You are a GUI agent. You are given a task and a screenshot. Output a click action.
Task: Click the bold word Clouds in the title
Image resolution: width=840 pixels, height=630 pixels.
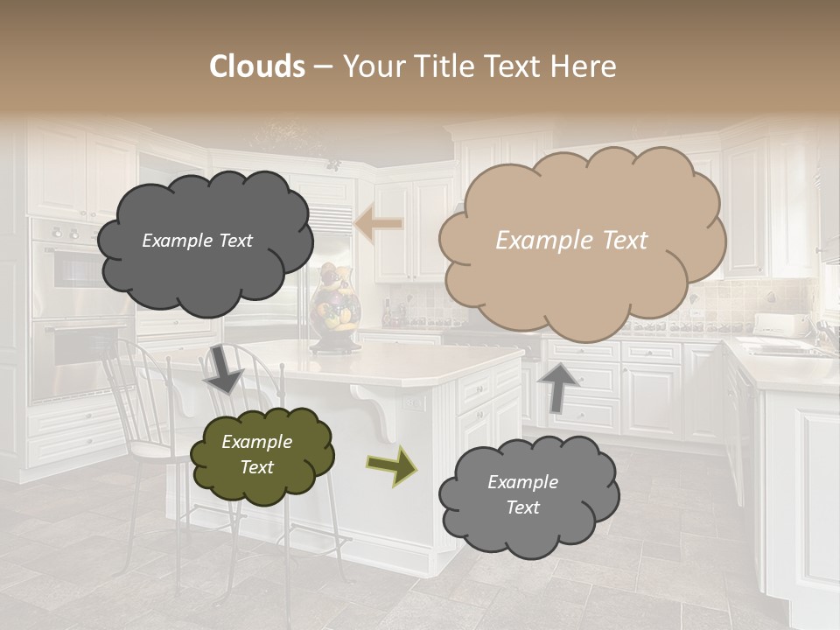point(256,66)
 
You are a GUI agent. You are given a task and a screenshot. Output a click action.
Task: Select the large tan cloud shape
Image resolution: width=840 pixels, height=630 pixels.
point(582,241)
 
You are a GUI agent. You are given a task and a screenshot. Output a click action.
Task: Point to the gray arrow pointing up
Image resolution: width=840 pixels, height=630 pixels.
point(557,385)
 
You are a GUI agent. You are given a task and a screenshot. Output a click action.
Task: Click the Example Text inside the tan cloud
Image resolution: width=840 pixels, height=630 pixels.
point(571,241)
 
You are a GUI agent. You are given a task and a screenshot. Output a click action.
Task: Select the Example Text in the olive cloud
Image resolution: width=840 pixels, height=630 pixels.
point(256,454)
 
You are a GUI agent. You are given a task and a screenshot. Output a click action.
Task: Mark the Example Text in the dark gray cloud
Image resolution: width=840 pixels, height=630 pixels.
point(197,241)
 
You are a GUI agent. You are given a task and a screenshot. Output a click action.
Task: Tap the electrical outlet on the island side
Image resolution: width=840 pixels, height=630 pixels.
point(411,403)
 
